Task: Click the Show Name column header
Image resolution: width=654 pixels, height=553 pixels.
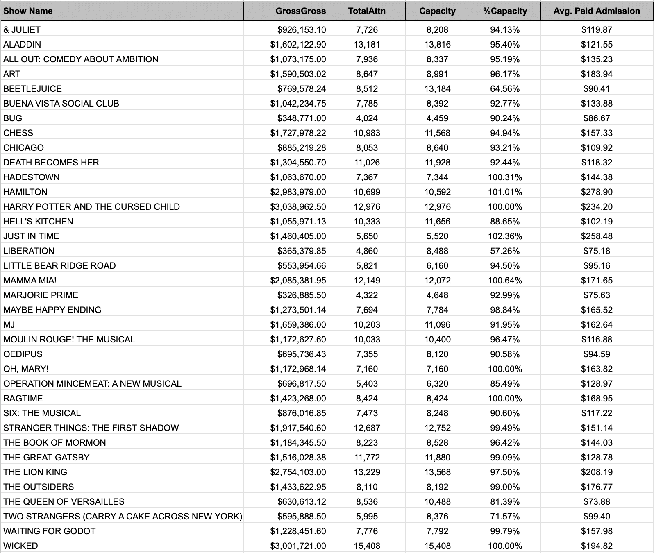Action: tap(28, 11)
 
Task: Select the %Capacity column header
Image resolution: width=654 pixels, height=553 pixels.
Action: tap(505, 11)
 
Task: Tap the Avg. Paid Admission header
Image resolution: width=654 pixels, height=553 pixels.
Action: tap(596, 11)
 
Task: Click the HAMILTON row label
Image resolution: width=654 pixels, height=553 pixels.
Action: tap(25, 192)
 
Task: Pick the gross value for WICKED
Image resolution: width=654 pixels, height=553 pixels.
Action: tap(298, 546)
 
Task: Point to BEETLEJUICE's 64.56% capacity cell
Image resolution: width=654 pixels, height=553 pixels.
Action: tap(505, 88)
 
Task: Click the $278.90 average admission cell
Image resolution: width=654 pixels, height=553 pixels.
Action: tap(597, 192)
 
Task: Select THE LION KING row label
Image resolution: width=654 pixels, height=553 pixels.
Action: tap(35, 472)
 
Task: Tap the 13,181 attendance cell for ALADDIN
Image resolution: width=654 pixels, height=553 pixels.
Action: tap(367, 44)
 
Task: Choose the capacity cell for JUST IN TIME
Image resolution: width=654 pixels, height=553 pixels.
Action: tap(437, 236)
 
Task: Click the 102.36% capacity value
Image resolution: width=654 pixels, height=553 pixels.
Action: tap(505, 236)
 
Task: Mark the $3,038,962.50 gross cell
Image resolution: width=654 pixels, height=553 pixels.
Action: tap(298, 206)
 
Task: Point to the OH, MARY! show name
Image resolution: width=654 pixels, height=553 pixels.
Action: tap(26, 369)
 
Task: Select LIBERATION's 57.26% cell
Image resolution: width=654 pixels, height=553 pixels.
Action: tap(505, 251)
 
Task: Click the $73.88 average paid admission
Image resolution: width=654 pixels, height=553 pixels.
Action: tap(597, 501)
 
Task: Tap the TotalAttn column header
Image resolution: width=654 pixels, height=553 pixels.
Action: tap(367, 11)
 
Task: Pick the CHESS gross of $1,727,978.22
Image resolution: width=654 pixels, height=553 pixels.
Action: tap(298, 133)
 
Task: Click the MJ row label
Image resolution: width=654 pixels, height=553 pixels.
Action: tap(9, 324)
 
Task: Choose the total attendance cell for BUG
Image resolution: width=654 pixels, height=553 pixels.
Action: tap(367, 118)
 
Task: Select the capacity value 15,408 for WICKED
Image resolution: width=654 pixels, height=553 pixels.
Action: tap(437, 546)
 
